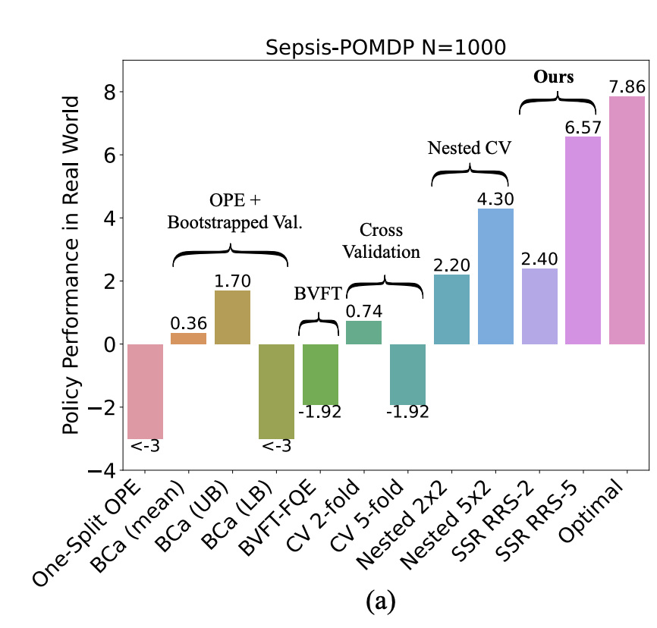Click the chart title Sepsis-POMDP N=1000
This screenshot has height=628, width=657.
tap(385, 49)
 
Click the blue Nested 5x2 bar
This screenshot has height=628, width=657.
tap(495, 276)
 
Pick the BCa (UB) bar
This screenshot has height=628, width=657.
tap(232, 317)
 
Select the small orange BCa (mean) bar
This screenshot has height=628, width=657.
tap(189, 338)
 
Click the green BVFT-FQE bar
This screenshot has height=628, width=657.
tap(320, 374)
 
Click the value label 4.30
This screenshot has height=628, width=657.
tap(495, 198)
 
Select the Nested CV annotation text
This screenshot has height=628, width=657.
tap(470, 148)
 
